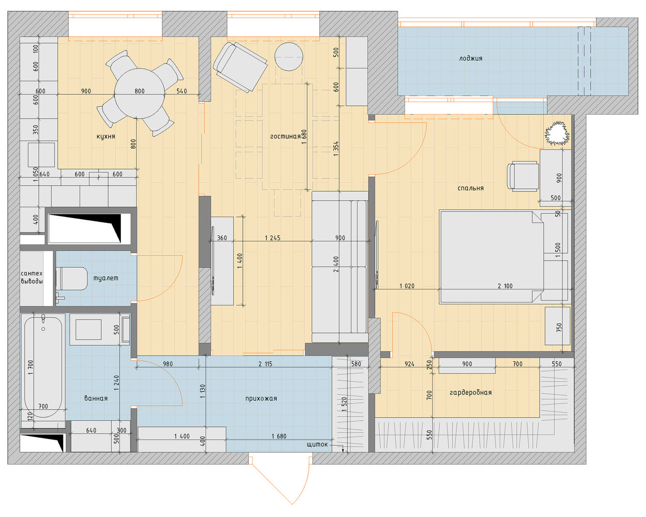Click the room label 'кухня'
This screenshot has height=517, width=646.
105,136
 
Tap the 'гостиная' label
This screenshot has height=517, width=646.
285,136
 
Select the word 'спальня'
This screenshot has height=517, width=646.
470,188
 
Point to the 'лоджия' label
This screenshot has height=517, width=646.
470,58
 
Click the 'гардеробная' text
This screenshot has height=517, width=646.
470,392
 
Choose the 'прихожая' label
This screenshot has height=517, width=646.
261,399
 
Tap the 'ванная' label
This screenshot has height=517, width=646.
96,398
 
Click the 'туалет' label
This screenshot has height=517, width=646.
105,278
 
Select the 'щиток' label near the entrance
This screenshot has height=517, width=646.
318,445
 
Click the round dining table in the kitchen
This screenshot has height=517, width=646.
140,94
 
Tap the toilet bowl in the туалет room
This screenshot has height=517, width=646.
72,279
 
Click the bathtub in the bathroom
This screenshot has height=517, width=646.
43,367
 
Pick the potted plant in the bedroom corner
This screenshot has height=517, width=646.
557,133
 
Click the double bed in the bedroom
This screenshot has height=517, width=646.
504,256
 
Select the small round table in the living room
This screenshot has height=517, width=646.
289,57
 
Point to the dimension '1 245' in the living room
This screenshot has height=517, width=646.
272,238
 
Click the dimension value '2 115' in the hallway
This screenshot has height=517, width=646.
265,364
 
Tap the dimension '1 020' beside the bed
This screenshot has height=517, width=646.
407,286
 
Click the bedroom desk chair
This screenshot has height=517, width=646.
522,176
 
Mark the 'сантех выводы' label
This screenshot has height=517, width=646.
32,277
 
